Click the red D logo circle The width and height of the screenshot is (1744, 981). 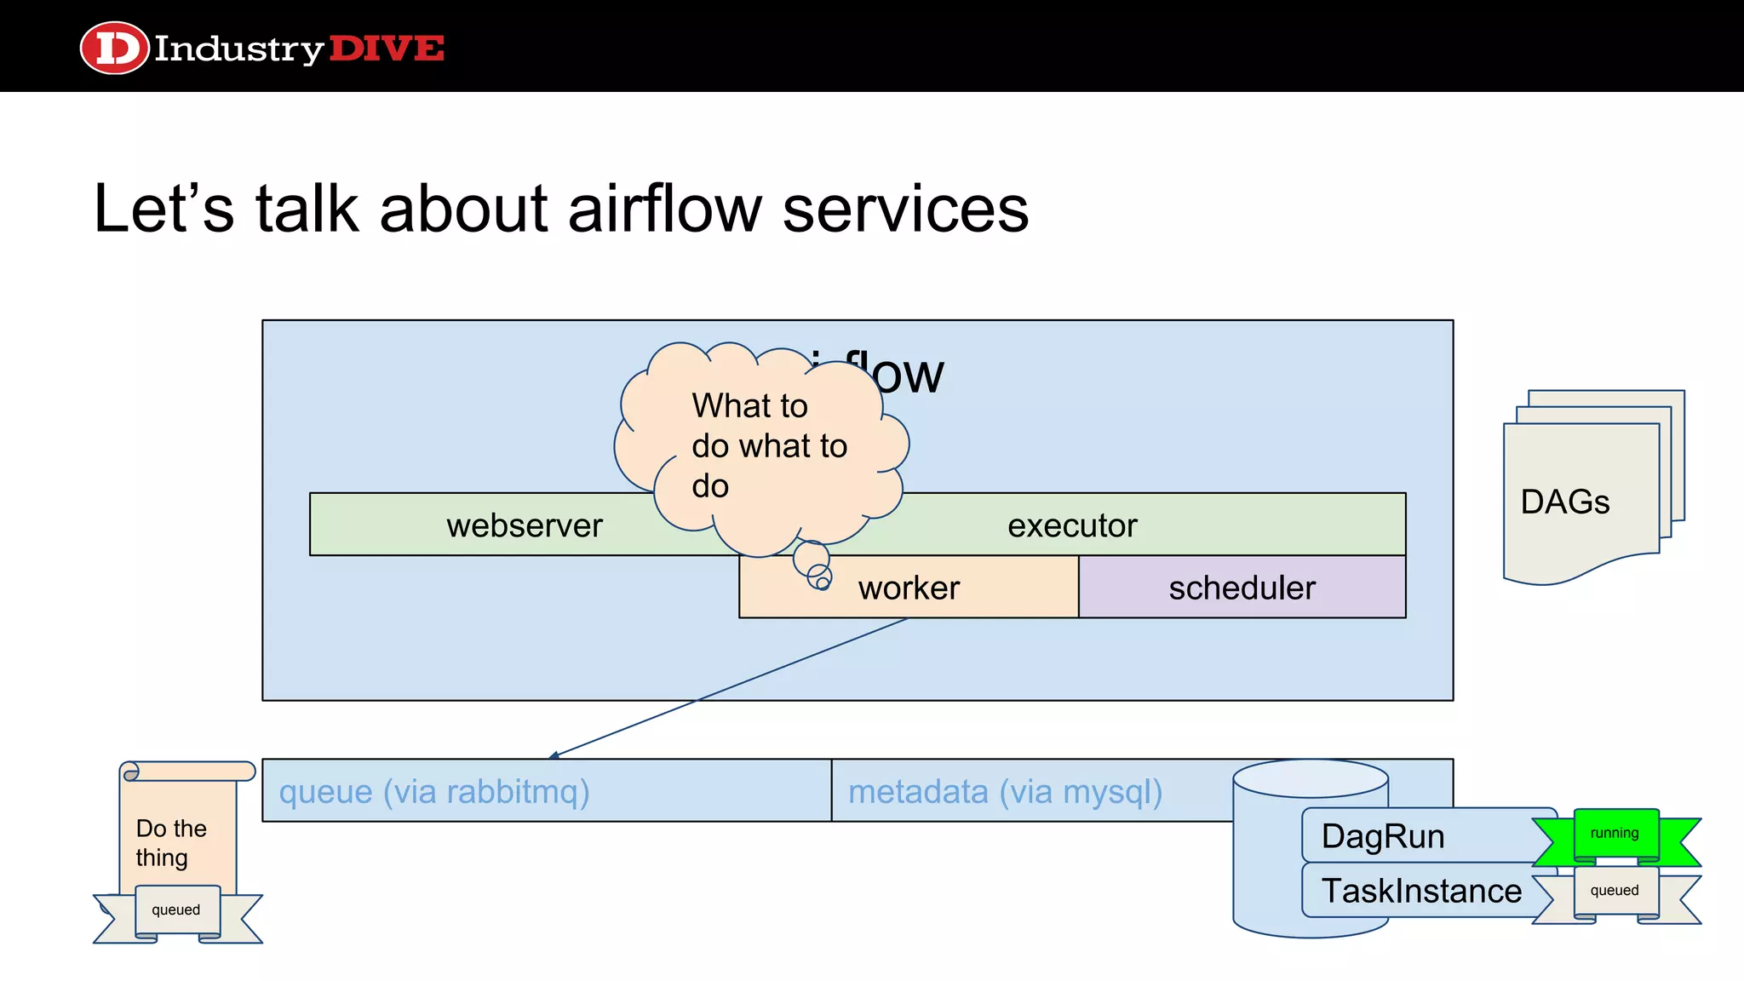click(x=114, y=48)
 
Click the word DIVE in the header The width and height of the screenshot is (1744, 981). click(x=386, y=49)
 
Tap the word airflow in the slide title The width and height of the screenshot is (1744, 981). click(x=664, y=209)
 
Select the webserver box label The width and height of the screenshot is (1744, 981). click(x=524, y=525)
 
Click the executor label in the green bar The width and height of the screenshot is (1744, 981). click(x=1071, y=525)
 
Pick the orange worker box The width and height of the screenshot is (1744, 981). click(x=909, y=588)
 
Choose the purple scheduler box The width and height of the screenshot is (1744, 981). click(x=1242, y=588)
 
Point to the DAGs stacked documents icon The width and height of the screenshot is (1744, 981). click(x=1584, y=494)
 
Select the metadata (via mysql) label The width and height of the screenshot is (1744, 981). click(x=1005, y=791)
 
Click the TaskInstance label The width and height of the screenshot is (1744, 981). click(x=1420, y=891)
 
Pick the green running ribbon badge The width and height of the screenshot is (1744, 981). click(x=1615, y=834)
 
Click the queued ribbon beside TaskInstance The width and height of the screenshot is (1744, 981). click(x=1615, y=891)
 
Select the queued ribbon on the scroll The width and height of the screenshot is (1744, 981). click(x=176, y=910)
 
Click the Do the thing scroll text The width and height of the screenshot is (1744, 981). click(x=170, y=842)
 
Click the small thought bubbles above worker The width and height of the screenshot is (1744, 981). click(x=814, y=566)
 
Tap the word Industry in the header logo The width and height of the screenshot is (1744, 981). click(x=238, y=49)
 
